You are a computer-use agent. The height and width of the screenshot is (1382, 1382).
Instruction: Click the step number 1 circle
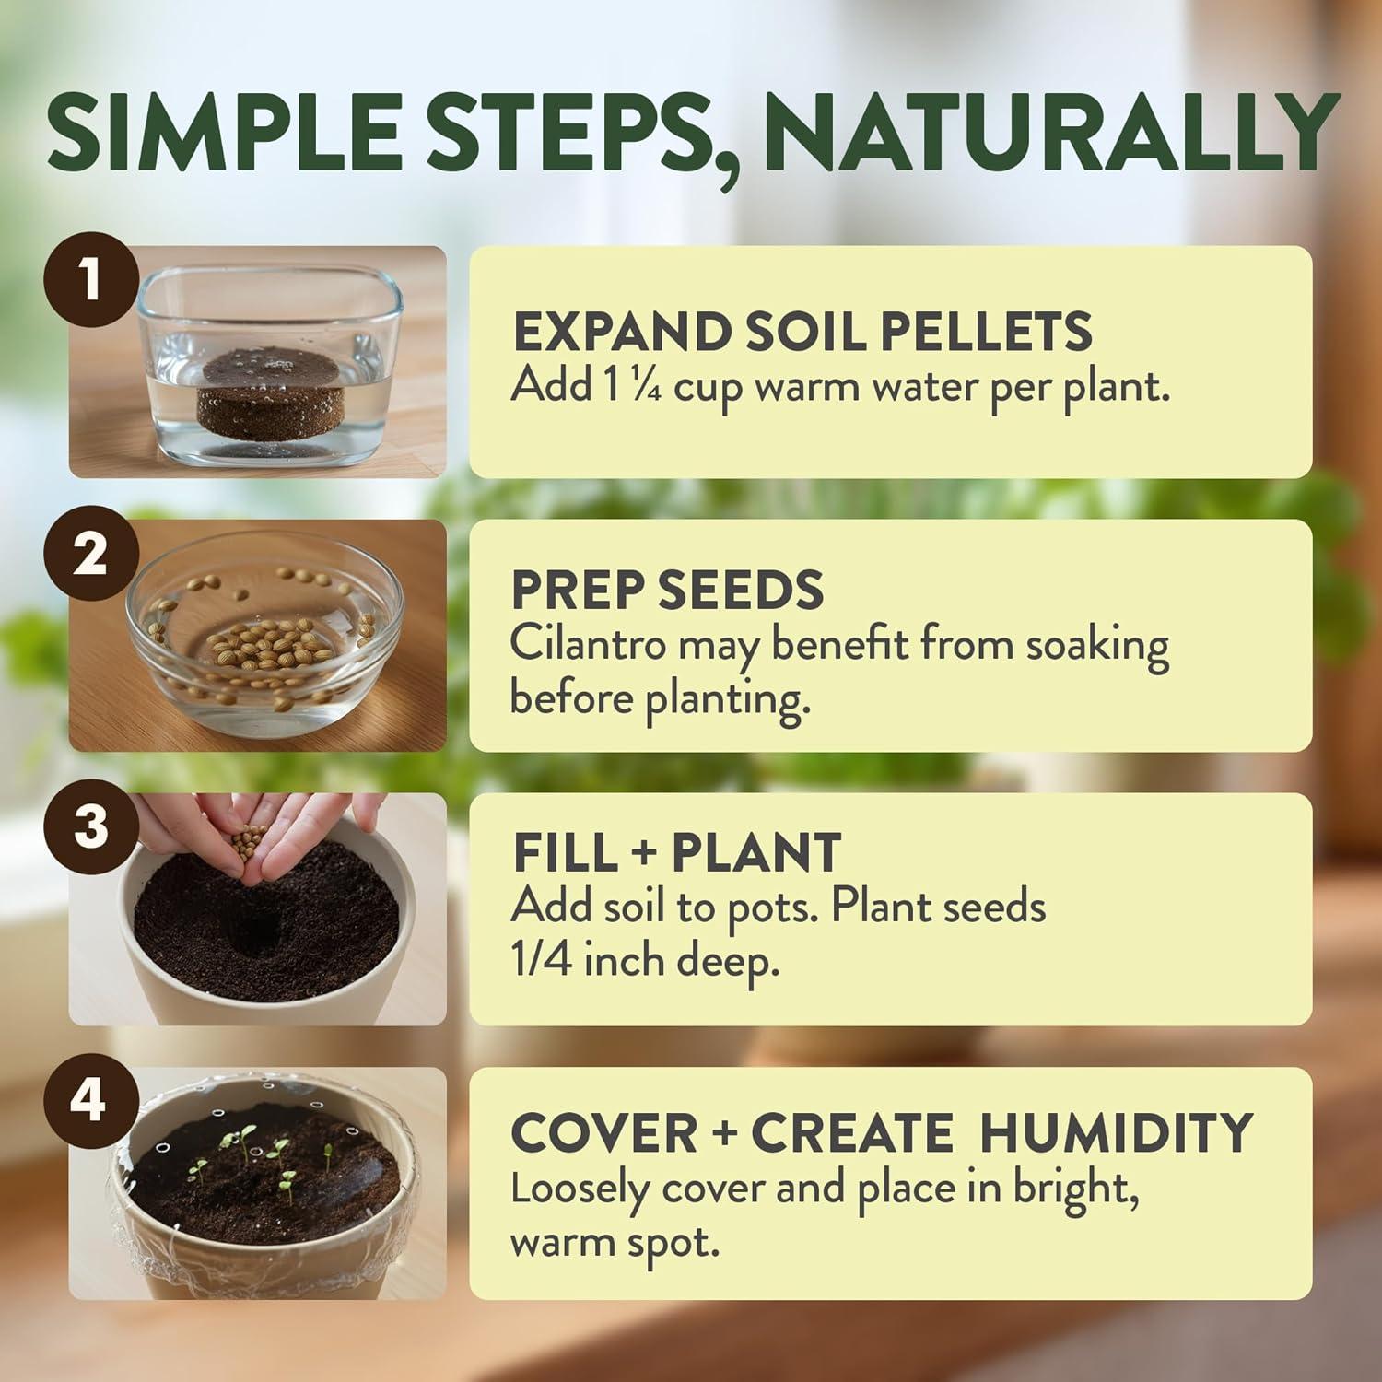click(x=89, y=280)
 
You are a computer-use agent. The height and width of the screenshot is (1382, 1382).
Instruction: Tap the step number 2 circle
click(x=89, y=555)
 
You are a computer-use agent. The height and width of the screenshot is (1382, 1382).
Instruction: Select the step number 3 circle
click(x=90, y=826)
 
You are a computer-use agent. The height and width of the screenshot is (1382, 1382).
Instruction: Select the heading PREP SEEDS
click(x=667, y=590)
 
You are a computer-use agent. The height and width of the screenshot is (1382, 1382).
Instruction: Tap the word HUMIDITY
click(x=1116, y=1132)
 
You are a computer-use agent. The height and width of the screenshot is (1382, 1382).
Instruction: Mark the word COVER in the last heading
click(x=604, y=1132)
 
